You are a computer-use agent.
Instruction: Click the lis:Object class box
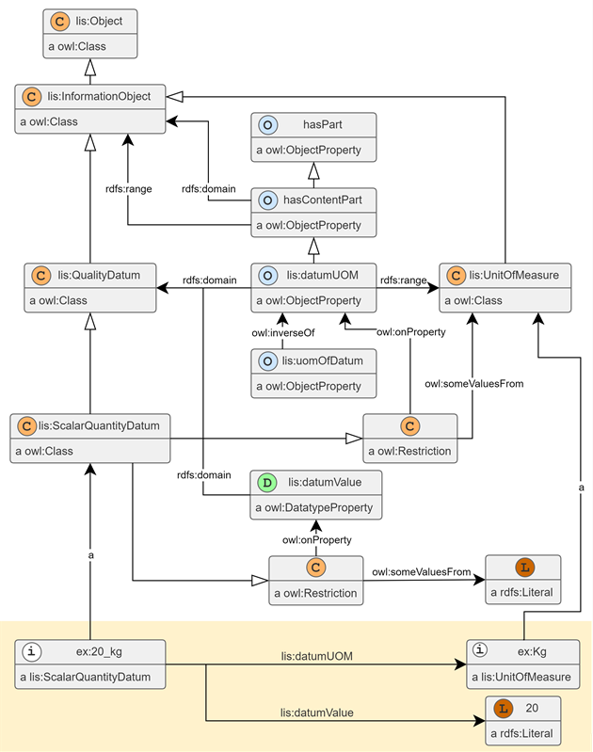90,34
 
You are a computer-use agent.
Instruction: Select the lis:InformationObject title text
99,96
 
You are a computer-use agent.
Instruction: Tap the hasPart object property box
313,137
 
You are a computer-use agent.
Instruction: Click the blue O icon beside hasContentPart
267,200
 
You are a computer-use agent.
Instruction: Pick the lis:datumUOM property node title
323,275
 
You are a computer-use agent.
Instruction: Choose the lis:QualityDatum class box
90,288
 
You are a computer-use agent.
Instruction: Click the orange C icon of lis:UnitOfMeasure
456,275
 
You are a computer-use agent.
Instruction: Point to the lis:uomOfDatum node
313,374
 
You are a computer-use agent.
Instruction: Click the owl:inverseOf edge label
283,333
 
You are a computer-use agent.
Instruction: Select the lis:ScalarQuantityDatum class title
99,425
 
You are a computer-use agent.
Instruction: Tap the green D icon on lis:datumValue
267,483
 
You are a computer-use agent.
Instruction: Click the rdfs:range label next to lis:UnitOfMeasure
404,280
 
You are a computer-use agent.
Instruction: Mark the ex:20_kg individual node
90,664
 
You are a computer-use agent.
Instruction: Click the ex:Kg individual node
523,664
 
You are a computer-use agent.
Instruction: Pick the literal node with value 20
523,721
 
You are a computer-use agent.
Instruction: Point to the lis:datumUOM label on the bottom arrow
316,657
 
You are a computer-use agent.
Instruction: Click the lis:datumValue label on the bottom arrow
316,713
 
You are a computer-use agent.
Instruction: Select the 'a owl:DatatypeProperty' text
314,508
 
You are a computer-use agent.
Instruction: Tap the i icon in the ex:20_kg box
32,651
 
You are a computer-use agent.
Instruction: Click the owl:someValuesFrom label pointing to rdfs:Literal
422,572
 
